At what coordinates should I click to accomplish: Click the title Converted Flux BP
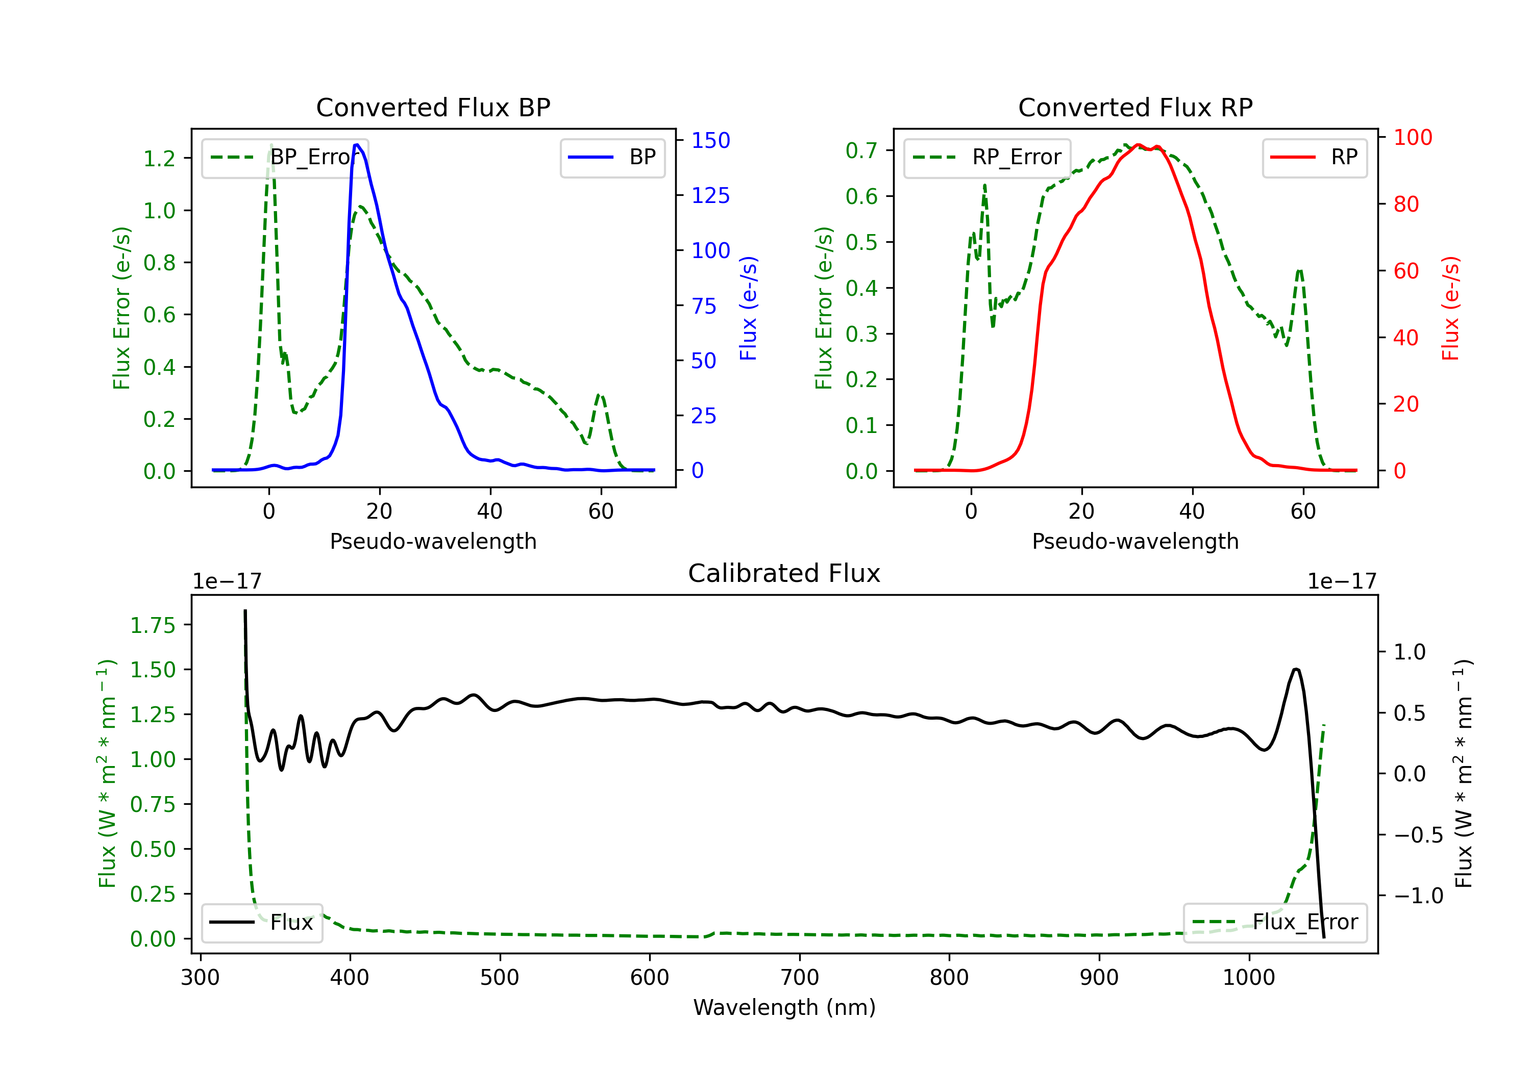click(433, 107)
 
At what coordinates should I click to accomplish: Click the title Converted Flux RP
click(1135, 107)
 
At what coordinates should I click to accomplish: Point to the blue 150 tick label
click(710, 141)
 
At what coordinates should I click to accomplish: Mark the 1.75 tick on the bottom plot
click(153, 625)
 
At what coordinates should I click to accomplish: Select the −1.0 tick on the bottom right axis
click(1418, 896)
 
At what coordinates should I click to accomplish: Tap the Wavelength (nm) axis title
click(784, 1008)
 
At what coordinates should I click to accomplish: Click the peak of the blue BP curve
click(357, 145)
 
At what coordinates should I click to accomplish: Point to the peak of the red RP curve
click(1138, 145)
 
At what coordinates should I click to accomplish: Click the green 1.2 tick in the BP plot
click(159, 159)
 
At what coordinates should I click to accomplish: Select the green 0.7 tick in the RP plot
click(861, 150)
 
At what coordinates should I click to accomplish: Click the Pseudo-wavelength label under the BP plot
click(433, 541)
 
